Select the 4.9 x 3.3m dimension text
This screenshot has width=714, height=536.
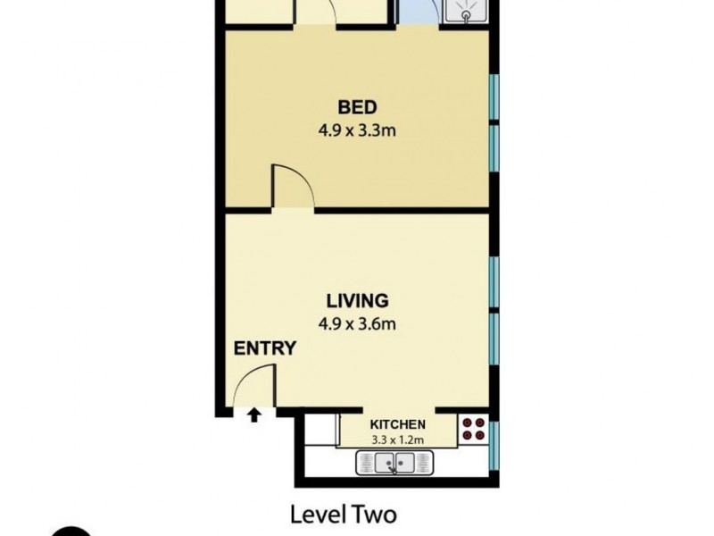tap(356, 130)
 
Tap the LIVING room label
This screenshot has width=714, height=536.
tap(356, 300)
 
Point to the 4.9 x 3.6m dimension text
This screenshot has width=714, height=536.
tap(356, 322)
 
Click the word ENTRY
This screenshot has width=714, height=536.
tap(264, 348)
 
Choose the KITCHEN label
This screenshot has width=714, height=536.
tap(397, 424)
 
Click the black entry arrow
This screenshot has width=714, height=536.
tap(254, 415)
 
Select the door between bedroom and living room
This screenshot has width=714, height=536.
tap(293, 188)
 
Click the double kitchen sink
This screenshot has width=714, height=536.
tap(394, 463)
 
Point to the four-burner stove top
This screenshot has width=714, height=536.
tap(473, 431)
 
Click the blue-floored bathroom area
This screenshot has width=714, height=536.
tap(415, 13)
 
